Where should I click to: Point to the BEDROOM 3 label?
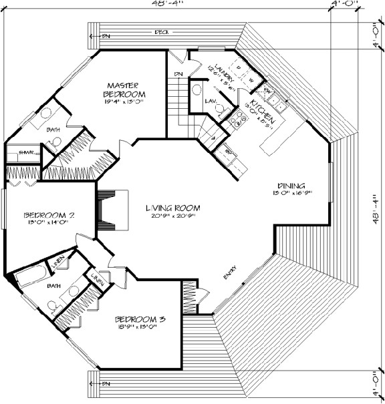pyautogui.click(x=140, y=319)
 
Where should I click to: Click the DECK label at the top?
pyautogui.click(x=162, y=31)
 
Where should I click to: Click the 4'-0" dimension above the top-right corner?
pyautogui.click(x=344, y=5)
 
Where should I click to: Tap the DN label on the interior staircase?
pyautogui.click(x=178, y=73)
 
